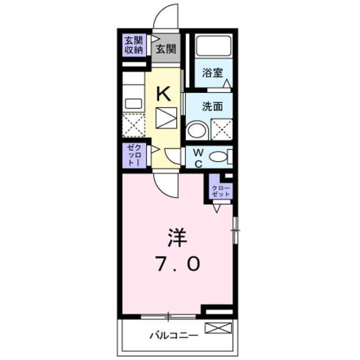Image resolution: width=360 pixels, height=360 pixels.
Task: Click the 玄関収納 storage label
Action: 133,44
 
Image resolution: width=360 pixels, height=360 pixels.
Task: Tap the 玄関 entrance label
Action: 165,49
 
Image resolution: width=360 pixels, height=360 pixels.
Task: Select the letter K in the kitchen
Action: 163,93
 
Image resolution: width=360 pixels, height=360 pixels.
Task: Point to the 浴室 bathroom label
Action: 213,73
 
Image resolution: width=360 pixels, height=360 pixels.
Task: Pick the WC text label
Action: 197,157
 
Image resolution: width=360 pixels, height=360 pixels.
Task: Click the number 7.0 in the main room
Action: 175,263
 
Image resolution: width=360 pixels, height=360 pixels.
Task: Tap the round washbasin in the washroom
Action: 196,131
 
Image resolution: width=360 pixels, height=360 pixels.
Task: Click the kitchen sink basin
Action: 133,103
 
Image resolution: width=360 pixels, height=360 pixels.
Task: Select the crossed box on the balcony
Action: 218,327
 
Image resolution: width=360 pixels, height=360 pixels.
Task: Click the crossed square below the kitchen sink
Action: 134,125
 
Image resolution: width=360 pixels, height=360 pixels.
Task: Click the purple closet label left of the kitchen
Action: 133,155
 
